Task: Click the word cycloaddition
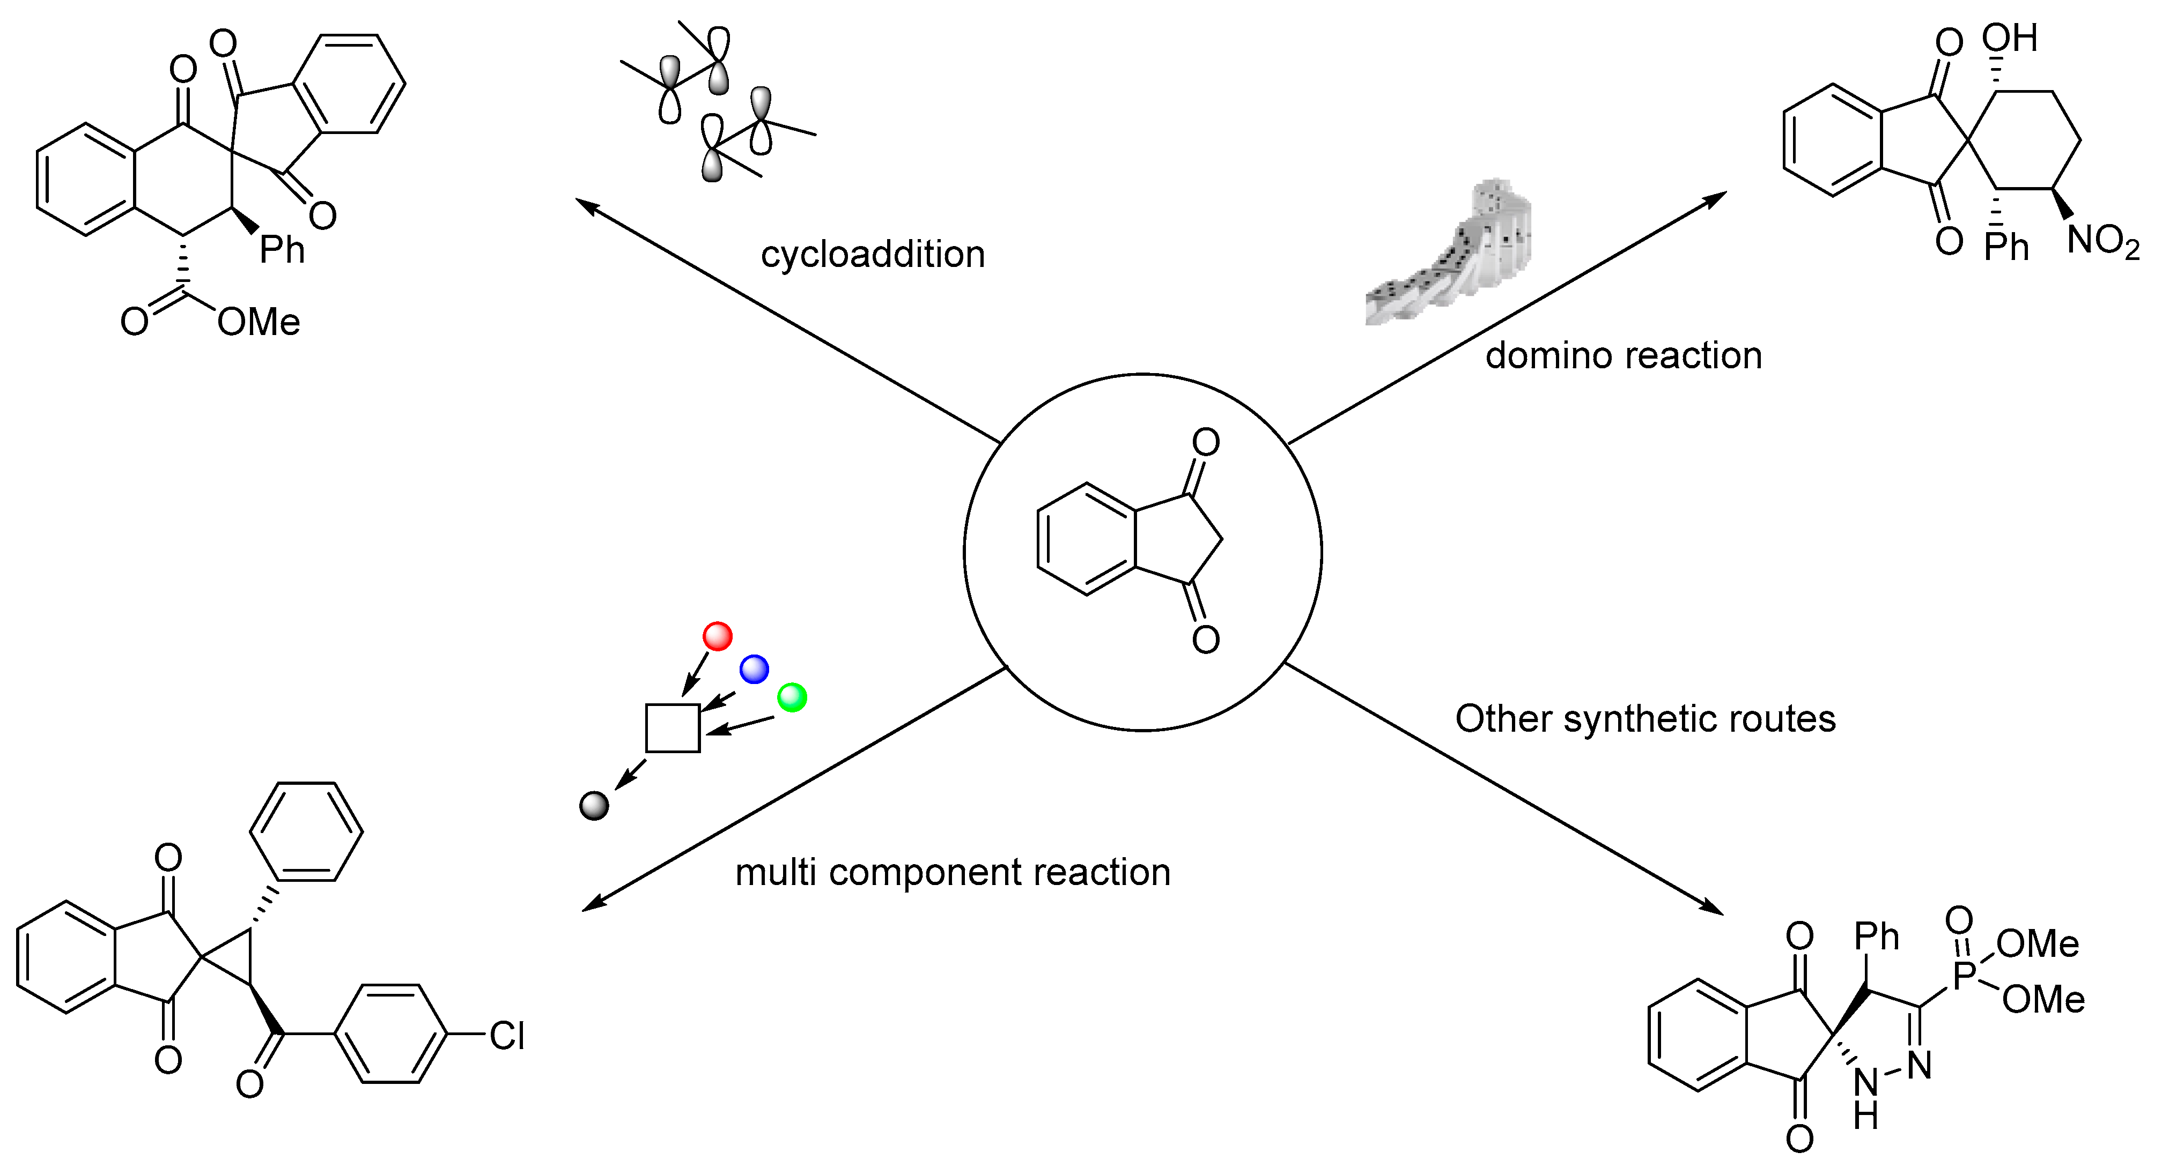(872, 254)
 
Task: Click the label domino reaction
(1623, 356)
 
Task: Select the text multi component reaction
(953, 873)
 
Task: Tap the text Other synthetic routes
(1645, 719)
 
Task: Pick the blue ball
(754, 668)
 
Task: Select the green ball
(792, 696)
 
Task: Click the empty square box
(672, 727)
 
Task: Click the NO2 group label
(2102, 241)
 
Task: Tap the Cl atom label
(507, 1036)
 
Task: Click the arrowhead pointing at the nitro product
(1716, 198)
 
